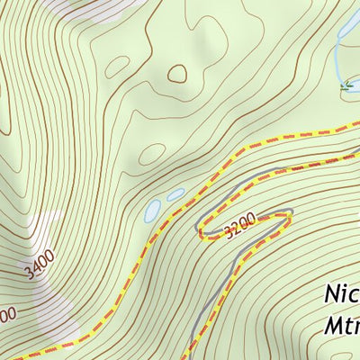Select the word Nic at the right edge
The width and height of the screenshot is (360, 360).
point(341,295)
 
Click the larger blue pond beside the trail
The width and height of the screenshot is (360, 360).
point(154,211)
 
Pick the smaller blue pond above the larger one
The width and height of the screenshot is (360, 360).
point(175,193)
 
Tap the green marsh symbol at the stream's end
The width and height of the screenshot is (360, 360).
point(346,86)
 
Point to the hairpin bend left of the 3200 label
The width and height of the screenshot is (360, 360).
point(201,226)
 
